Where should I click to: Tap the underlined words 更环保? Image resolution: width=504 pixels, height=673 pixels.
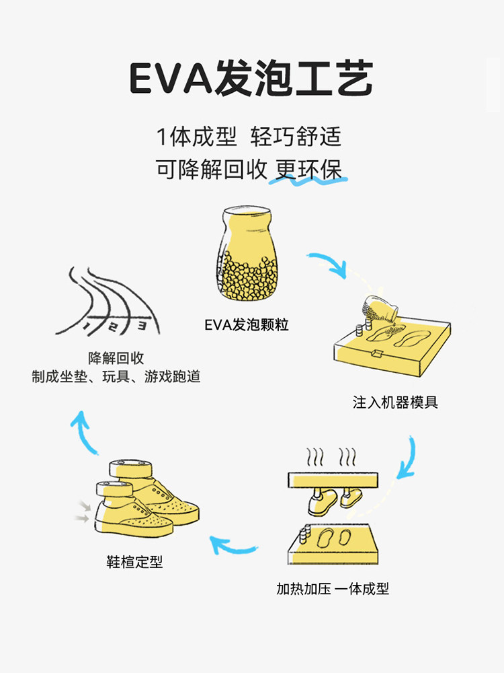(x=308, y=170)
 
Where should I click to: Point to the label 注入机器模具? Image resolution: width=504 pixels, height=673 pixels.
(x=395, y=402)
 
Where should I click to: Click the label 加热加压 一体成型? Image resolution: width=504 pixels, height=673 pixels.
(x=333, y=588)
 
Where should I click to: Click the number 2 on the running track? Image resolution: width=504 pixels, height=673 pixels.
(x=113, y=327)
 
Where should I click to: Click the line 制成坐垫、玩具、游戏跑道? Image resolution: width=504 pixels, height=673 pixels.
(x=116, y=377)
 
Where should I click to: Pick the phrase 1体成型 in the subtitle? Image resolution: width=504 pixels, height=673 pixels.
(x=196, y=137)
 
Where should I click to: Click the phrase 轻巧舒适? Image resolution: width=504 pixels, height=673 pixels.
(x=296, y=137)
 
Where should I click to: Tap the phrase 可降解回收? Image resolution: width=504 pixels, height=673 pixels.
(x=212, y=170)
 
